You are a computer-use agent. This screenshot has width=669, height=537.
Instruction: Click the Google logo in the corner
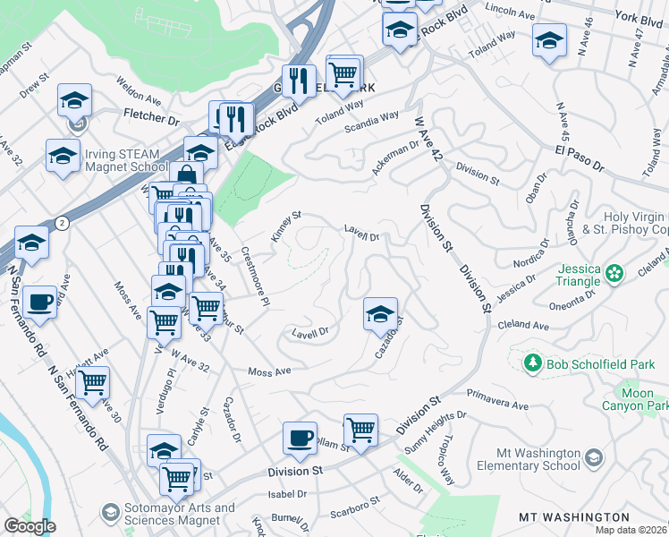click(x=29, y=526)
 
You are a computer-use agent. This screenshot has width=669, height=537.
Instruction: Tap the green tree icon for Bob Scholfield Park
click(x=532, y=362)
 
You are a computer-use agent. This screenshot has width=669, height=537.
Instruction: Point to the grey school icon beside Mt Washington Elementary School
click(x=593, y=459)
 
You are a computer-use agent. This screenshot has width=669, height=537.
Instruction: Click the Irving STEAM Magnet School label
click(x=126, y=159)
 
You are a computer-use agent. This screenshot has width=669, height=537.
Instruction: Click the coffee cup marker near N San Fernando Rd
click(x=39, y=303)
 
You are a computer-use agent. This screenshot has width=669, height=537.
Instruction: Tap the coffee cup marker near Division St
click(x=300, y=438)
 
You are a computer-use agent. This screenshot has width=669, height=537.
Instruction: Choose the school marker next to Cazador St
click(x=380, y=313)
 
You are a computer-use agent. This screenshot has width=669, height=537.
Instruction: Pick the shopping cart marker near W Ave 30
click(x=92, y=382)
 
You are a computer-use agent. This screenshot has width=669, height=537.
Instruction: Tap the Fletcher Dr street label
click(x=150, y=117)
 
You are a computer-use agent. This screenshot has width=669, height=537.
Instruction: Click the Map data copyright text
click(x=631, y=530)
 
